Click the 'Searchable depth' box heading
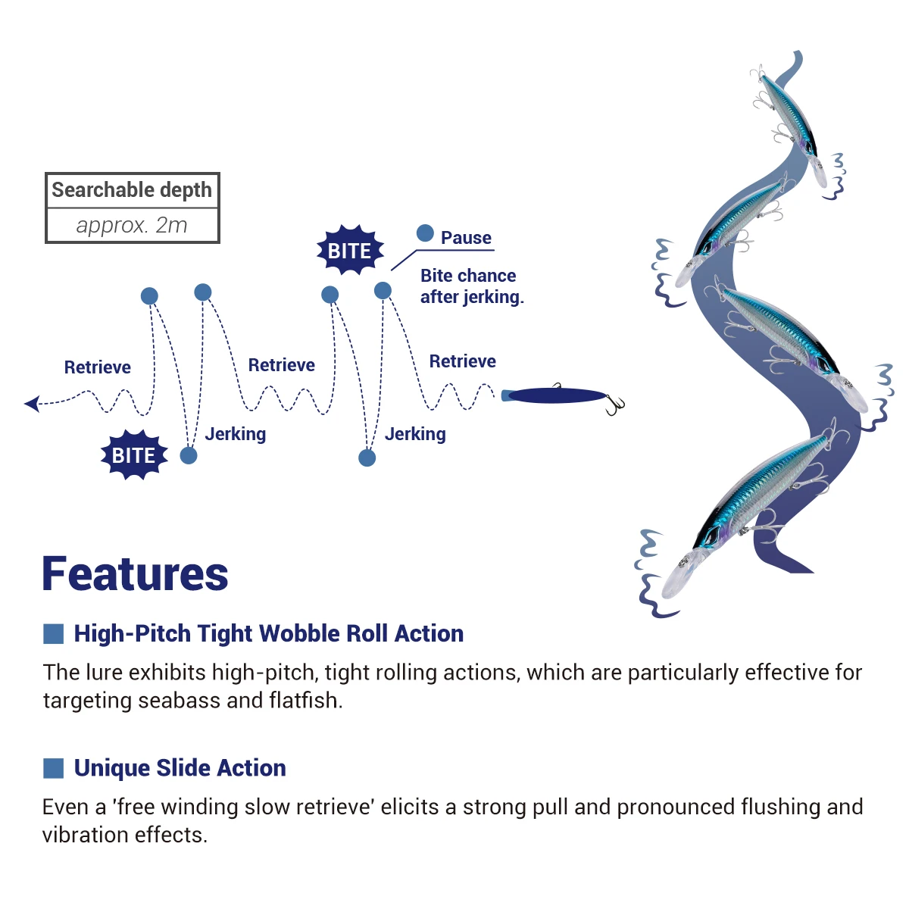132,190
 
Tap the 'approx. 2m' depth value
132,226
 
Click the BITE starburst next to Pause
349,250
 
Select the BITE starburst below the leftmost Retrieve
134,455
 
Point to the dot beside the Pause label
425,233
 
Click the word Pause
466,238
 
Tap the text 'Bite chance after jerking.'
471,286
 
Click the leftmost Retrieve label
97,367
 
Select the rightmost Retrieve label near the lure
462,361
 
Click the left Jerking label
235,434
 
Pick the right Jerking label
415,434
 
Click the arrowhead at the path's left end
32,403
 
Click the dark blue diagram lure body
557,395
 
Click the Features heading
135,574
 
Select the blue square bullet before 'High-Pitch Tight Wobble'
53,633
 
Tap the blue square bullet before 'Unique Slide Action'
53,768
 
